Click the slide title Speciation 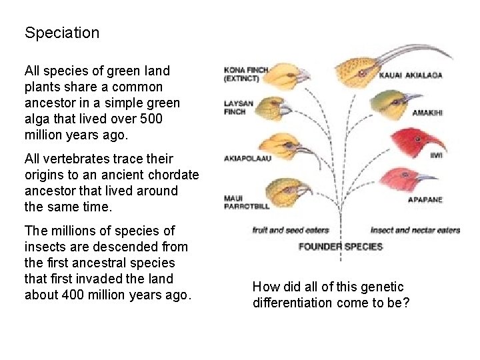click(x=62, y=33)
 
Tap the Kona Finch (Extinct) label click(x=246, y=73)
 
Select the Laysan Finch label click(x=235, y=108)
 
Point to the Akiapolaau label click(x=249, y=159)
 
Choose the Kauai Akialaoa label click(x=411, y=75)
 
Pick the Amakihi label click(x=427, y=113)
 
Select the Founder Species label click(x=340, y=247)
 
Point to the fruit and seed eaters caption click(x=291, y=230)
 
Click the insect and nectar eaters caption click(x=415, y=230)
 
